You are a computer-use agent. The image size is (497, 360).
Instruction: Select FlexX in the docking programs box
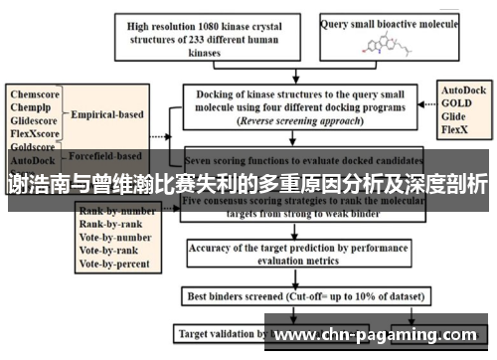coord(457,128)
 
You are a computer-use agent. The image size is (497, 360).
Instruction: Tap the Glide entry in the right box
coord(456,115)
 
